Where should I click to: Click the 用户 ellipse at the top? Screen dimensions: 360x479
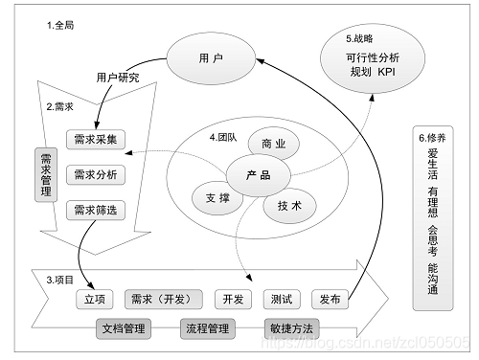click(211, 58)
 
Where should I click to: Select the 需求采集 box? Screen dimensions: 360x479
click(95, 140)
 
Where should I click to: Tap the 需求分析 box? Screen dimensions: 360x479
click(95, 175)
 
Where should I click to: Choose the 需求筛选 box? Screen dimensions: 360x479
click(95, 211)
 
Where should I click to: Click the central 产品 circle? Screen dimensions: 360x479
click(258, 176)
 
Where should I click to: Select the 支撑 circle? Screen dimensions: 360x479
click(217, 197)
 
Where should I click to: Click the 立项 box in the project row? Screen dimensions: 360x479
click(95, 300)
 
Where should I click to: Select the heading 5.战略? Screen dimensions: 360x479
click(360, 38)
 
